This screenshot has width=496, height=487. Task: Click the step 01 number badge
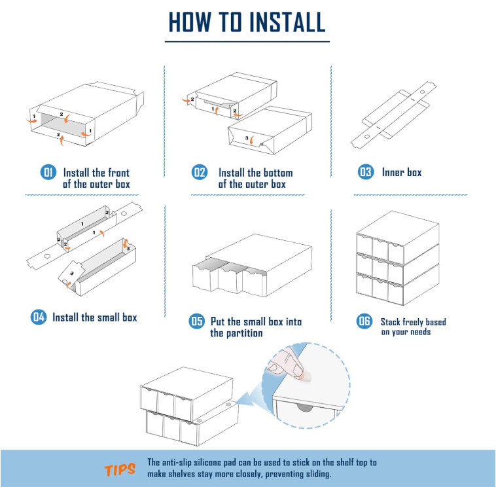coord(48,172)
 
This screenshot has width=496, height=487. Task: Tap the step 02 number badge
coord(200,172)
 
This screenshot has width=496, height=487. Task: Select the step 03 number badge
coord(366,172)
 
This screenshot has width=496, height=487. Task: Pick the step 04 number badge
coord(38,317)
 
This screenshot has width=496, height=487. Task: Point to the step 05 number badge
coord(197,321)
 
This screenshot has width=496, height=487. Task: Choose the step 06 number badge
coord(364,321)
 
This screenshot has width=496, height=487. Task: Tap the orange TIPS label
coord(120,469)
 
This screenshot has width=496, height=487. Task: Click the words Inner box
coord(402,172)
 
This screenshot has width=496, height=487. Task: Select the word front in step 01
coord(118,172)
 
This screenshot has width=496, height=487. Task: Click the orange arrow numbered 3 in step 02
coord(252,140)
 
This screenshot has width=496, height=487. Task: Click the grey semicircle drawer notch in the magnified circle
coord(305,408)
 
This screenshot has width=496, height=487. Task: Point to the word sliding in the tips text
coord(319,474)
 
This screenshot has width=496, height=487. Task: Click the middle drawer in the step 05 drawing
coord(230,278)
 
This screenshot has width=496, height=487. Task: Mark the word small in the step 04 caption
coord(108,317)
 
